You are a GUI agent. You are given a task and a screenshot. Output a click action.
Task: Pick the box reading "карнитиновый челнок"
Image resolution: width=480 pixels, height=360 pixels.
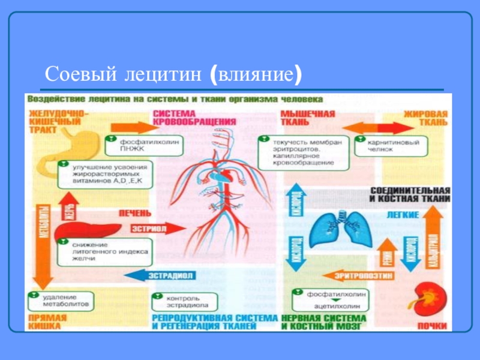coord(391,146)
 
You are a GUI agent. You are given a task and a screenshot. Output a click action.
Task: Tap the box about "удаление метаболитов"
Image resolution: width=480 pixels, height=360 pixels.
coord(61,301)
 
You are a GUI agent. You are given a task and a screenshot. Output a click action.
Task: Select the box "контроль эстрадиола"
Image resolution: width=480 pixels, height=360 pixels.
coord(184,300)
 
